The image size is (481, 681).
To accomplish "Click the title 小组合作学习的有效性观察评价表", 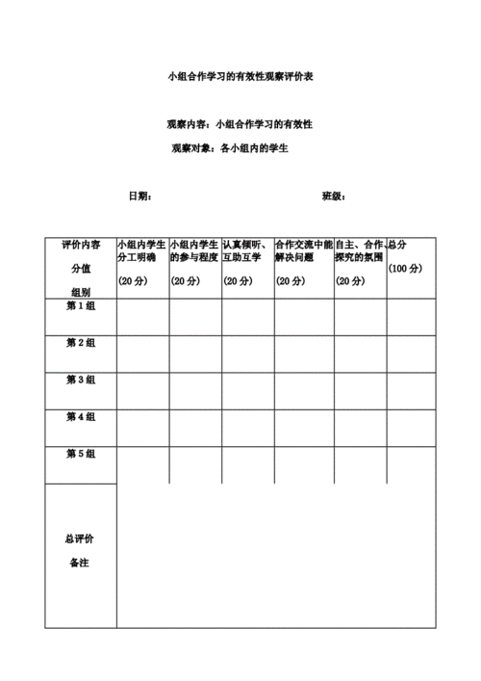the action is coord(240,75).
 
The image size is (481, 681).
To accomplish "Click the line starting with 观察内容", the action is coord(240,125).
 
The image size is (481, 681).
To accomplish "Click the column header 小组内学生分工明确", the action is coord(142,251).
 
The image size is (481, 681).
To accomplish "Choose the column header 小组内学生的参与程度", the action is coord(195,251).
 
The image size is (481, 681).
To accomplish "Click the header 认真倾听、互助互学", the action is coord(247,251).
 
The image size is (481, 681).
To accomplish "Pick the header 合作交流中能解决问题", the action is coord(304,251).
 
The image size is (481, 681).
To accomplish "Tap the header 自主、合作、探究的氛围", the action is coord(360,251).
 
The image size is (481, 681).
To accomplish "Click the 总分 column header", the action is coord(396,245).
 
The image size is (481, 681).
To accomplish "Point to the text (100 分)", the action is coord(405,269).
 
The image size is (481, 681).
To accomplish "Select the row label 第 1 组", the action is coord(81,306).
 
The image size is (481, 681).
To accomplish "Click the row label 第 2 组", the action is coord(81,343).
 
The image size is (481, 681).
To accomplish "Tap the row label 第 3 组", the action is coord(81,380).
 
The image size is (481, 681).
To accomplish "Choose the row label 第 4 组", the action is coord(81,417).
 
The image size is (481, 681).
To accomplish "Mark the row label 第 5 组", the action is coord(81,454).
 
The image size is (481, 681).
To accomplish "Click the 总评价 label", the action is coord(80,538).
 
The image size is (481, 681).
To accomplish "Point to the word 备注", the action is coord(80,563).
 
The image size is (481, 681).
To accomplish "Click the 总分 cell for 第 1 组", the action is coord(411,317).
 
